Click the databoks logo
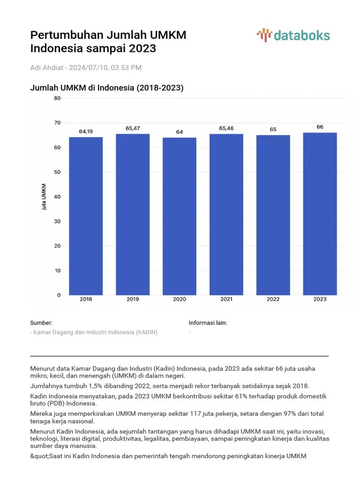tap(293, 36)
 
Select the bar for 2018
tap(86, 216)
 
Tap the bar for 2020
tap(180, 216)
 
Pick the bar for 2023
tap(320, 214)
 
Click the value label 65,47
tap(133, 128)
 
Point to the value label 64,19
tap(86, 131)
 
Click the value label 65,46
tap(226, 128)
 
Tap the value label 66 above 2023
tap(320, 127)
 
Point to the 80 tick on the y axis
tap(57, 98)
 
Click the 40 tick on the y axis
tap(57, 197)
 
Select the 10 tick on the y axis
tap(57, 270)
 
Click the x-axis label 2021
tap(226, 299)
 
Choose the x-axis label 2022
tap(273, 299)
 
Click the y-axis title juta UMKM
tap(44, 197)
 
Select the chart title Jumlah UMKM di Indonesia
tap(106, 88)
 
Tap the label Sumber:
tap(41, 323)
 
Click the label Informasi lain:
tap(208, 323)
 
